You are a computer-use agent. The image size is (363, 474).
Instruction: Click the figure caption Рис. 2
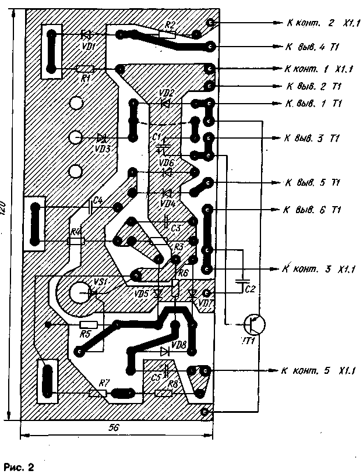tap(19, 466)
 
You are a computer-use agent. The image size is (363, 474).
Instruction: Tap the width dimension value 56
tap(114, 427)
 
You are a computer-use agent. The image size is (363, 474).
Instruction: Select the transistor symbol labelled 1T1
tap(254, 324)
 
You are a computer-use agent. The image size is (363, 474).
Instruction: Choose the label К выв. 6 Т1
tap(312, 209)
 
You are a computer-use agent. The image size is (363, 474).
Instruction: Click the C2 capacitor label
tap(250, 288)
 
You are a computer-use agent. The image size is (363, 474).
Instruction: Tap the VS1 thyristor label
tap(101, 282)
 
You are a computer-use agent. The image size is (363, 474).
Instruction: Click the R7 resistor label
tap(104, 382)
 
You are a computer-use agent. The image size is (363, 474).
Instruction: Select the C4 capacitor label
tap(98, 201)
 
